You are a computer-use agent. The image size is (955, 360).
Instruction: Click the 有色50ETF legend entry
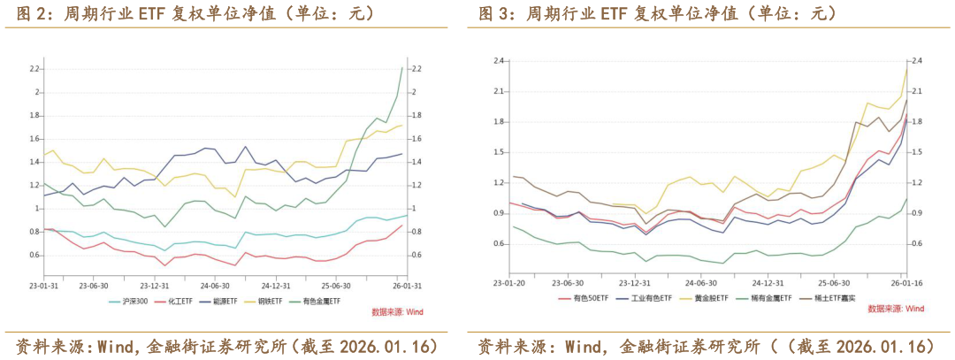click(x=586, y=298)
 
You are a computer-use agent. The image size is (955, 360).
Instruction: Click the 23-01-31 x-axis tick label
click(x=43, y=286)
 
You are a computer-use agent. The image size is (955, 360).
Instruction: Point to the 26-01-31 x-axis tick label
click(x=406, y=286)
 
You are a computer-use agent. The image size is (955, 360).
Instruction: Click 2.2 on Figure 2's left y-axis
click(x=34, y=69)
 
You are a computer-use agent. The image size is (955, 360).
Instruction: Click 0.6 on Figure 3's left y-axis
click(x=498, y=243)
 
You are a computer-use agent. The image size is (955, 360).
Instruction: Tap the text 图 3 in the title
click(x=492, y=13)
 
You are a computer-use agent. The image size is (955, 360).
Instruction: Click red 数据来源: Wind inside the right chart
click(x=895, y=309)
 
